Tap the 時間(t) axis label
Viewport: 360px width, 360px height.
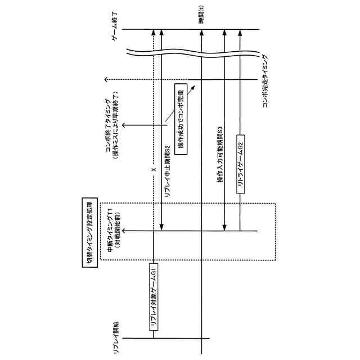[x=202, y=15]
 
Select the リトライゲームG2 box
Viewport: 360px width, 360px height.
[x=240, y=168]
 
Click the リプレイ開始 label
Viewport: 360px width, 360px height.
[x=116, y=337]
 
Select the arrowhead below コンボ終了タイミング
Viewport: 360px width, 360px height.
[x=124, y=125]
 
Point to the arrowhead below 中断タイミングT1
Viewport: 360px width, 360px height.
[x=124, y=231]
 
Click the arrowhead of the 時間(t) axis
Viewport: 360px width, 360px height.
[x=201, y=31]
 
